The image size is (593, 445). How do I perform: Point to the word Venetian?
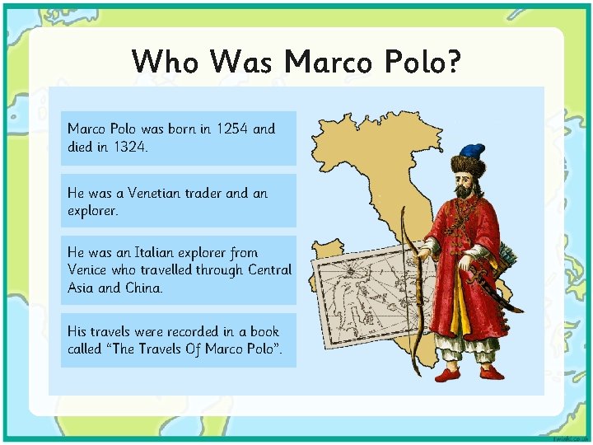(x=156, y=192)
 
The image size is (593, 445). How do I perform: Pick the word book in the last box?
(x=262, y=331)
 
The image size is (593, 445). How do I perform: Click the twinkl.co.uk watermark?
(x=572, y=438)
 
